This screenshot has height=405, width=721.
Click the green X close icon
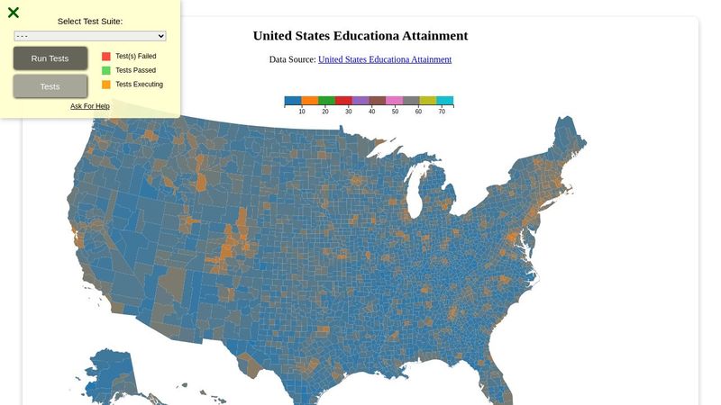pyautogui.click(x=14, y=13)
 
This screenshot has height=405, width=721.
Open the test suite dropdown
pyautogui.click(x=90, y=36)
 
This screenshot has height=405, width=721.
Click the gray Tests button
pyautogui.click(x=50, y=86)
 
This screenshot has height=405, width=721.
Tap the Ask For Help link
pyautogui.click(x=90, y=106)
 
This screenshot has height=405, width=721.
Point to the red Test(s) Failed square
pyautogui.click(x=106, y=56)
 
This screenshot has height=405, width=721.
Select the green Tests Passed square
pyautogui.click(x=106, y=70)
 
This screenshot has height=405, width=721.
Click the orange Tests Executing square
pyautogui.click(x=106, y=85)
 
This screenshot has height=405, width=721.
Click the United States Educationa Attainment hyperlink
pyautogui.click(x=385, y=59)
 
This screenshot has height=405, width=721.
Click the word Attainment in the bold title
pyautogui.click(x=435, y=36)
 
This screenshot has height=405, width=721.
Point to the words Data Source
pyautogui.click(x=292, y=59)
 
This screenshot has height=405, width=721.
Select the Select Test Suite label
pyautogui.click(x=90, y=21)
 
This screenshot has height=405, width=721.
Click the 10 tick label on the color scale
pyautogui.click(x=302, y=112)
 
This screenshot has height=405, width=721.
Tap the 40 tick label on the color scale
pyautogui.click(x=371, y=112)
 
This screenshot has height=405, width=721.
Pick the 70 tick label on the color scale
pyautogui.click(x=442, y=112)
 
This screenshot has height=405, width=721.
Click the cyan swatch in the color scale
pyautogui.click(x=445, y=101)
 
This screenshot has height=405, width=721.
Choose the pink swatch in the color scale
pyautogui.click(x=394, y=101)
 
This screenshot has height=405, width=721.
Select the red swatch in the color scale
pyautogui.click(x=343, y=101)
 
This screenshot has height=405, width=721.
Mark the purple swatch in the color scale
pyautogui.click(x=360, y=101)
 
